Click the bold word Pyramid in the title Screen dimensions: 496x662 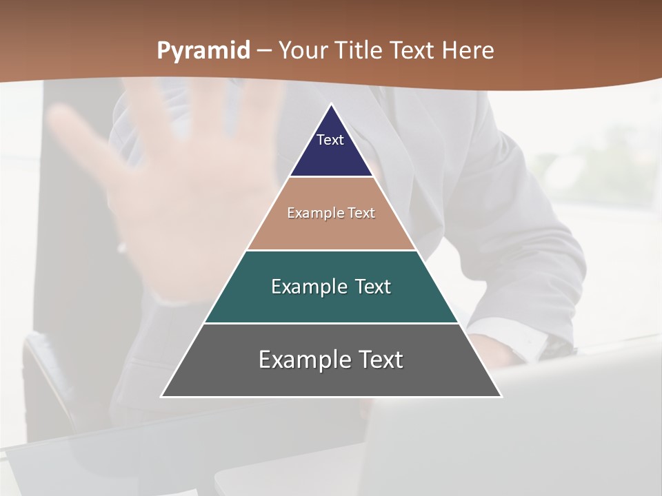coord(203,51)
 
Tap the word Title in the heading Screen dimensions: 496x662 coord(361,51)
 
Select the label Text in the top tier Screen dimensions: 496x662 coord(330,140)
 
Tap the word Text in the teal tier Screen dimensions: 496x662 coord(373,287)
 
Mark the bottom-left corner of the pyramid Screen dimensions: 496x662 coord(162,396)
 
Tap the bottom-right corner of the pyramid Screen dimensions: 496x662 coord(501,396)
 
